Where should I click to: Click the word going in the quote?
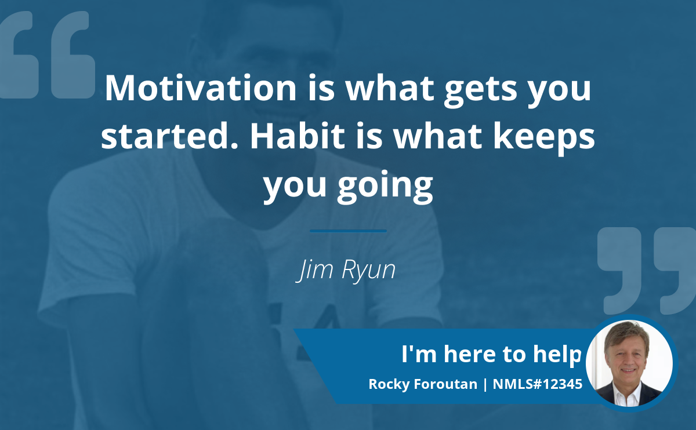(385, 187)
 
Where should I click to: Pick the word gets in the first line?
(481, 92)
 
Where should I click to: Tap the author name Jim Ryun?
(346, 270)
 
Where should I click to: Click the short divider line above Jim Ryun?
(349, 231)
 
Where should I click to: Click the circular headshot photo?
(629, 363)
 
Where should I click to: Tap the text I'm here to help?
(491, 355)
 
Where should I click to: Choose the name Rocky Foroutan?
(423, 384)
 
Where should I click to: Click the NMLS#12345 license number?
(538, 384)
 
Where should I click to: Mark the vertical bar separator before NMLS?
(485, 385)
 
